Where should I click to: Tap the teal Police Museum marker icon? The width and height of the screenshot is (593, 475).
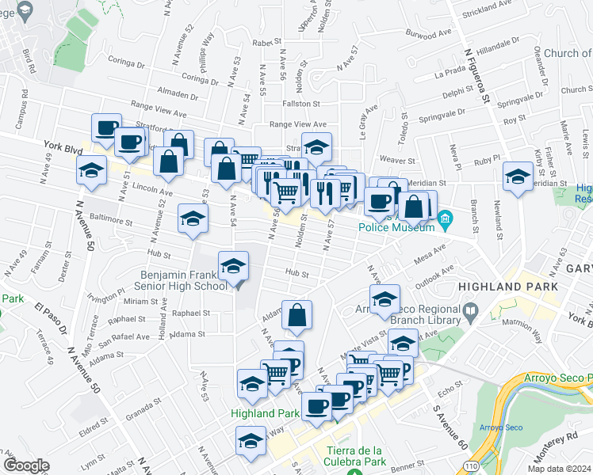(446, 217)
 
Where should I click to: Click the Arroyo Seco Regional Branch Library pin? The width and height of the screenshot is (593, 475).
(471, 310)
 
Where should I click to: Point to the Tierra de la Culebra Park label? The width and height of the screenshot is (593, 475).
(350, 455)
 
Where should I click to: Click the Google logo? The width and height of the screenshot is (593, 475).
(26, 465)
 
